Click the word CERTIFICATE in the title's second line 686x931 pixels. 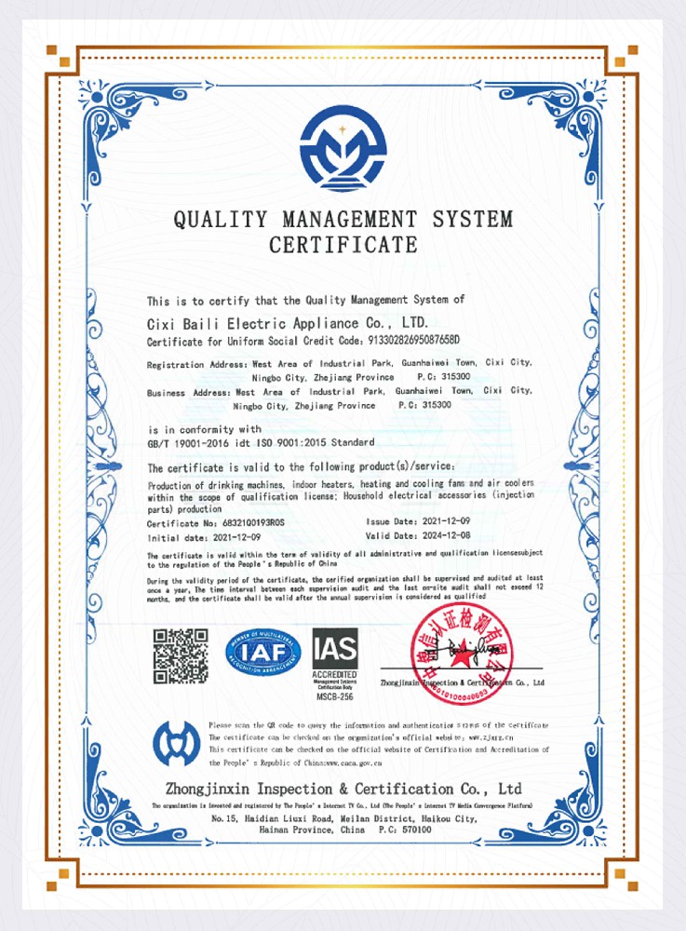[x=343, y=246]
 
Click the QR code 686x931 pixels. [x=180, y=656]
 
